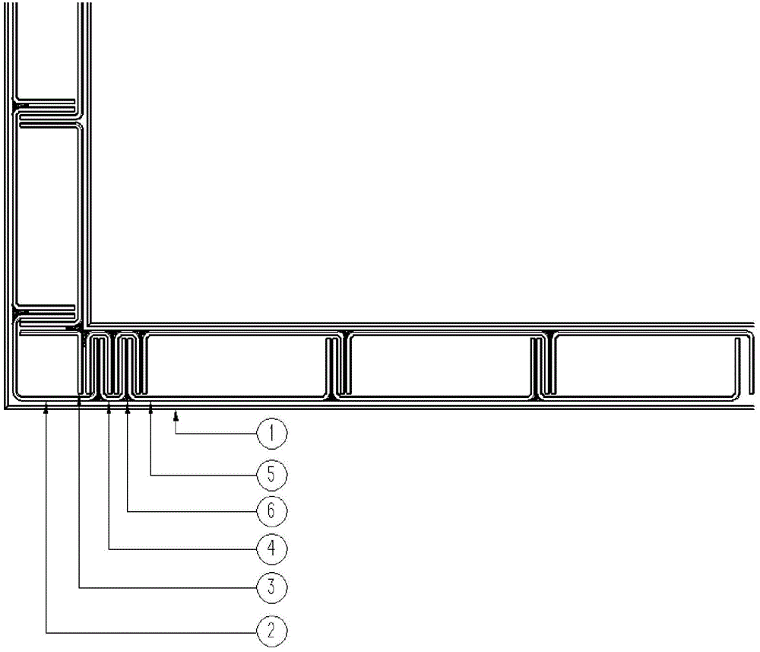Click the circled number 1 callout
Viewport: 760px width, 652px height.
point(271,433)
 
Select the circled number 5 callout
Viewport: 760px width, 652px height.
point(271,474)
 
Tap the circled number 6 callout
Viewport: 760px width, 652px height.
point(271,510)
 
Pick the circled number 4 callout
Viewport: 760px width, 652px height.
point(271,549)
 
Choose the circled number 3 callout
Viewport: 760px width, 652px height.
point(271,587)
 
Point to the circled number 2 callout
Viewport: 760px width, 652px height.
point(271,631)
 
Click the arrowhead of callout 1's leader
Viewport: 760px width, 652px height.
point(176,415)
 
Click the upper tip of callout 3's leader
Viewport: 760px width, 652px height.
point(80,397)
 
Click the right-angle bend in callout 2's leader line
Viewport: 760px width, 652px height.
point(46,632)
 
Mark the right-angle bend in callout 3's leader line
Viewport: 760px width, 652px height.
point(80,588)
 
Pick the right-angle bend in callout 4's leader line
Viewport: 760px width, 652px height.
point(109,549)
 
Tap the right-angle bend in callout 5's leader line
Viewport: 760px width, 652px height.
point(150,475)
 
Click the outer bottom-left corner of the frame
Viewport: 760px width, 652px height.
point(5,409)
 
